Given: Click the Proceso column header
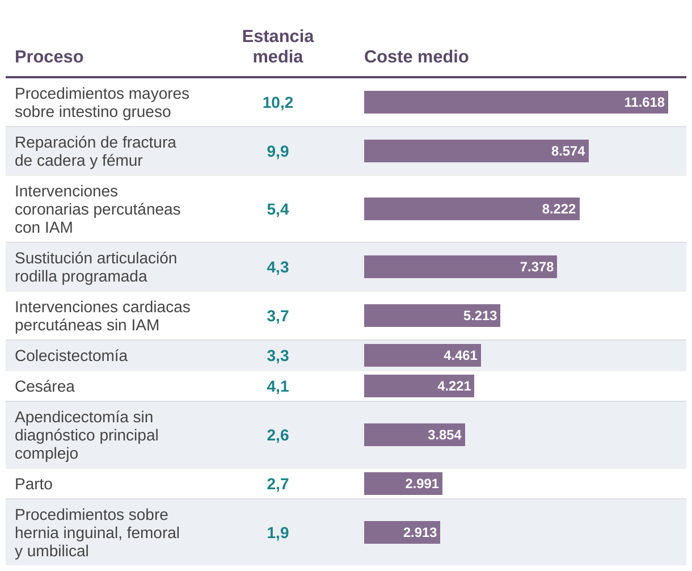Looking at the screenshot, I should (x=49, y=57).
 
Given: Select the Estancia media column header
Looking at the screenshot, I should (x=278, y=47).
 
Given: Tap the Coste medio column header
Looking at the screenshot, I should (x=416, y=57).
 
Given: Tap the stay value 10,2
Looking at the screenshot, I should (x=278, y=102).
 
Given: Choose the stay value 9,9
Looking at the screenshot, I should (x=278, y=151).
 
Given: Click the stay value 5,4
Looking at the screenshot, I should (x=278, y=209).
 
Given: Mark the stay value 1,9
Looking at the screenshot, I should (x=278, y=532).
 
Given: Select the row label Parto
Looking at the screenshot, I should (x=33, y=484).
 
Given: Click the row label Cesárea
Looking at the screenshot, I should (x=45, y=386).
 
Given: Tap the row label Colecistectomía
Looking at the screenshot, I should (x=71, y=355).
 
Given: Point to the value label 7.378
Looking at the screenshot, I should (x=537, y=267).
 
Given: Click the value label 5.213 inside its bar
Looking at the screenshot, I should (x=480, y=316).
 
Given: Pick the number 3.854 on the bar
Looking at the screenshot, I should (x=445, y=435).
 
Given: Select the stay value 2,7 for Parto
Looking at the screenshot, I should (x=278, y=484).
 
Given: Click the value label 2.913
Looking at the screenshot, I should (x=420, y=532).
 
